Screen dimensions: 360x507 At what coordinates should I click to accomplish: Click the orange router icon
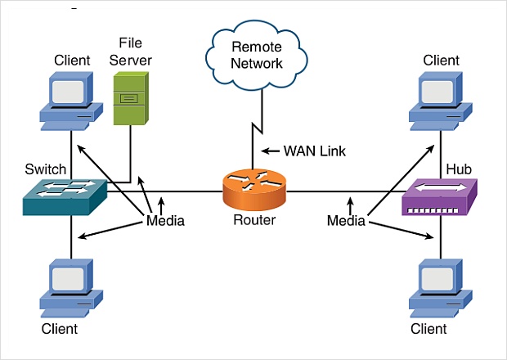tap(253, 191)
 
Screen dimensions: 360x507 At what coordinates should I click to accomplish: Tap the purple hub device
tap(440, 198)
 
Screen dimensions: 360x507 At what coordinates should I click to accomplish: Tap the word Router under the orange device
tap(253, 221)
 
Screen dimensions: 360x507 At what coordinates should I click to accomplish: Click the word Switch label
tap(46, 169)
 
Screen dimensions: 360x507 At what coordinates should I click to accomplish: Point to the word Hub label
tap(458, 169)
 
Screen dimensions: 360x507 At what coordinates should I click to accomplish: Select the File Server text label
tap(136, 51)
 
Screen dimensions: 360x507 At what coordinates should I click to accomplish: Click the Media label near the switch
tap(165, 221)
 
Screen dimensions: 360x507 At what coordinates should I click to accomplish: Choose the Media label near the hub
tap(346, 221)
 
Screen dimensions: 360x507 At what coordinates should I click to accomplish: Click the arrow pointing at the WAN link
tap(271, 151)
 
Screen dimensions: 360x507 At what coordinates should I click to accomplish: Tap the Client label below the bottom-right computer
tap(429, 329)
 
